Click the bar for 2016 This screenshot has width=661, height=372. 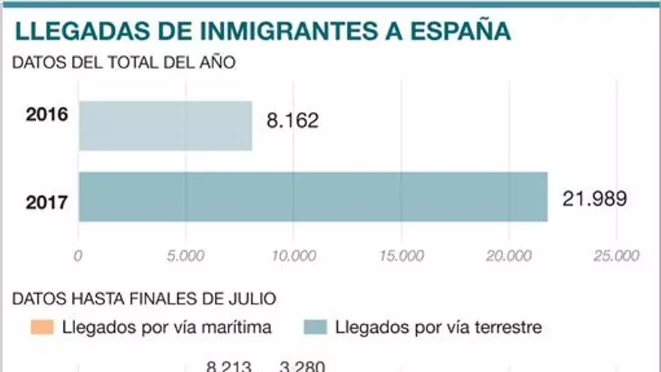click(165, 126)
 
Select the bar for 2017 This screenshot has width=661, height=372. click(312, 197)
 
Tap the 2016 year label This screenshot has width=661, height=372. click(47, 115)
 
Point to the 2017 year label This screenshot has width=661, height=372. click(47, 202)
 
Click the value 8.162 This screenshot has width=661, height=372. click(292, 120)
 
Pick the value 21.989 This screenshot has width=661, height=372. click(594, 198)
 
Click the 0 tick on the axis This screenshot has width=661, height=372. click(78, 256)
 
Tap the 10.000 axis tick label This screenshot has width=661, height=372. click(293, 256)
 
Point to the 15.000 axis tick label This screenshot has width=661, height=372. click(401, 256)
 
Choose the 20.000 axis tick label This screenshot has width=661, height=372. click(509, 256)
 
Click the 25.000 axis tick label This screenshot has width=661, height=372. click(616, 256)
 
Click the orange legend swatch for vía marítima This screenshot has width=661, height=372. click(42, 328)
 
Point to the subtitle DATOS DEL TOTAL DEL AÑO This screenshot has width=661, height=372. click(124, 62)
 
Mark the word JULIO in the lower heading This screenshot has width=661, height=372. click(253, 298)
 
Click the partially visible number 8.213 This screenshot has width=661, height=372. click(228, 367)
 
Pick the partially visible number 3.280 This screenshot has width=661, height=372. click(302, 367)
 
